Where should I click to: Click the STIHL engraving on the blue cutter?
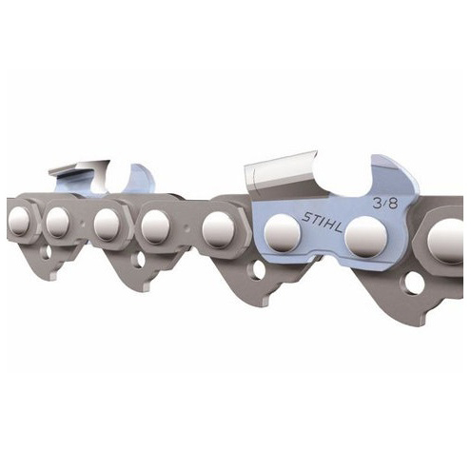(x=322, y=222)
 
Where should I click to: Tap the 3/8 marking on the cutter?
(x=385, y=203)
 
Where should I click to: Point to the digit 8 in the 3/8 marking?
(x=393, y=204)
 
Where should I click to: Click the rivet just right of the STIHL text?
(x=366, y=237)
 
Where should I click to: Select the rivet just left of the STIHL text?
(x=283, y=231)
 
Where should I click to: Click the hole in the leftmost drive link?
(x=47, y=252)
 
